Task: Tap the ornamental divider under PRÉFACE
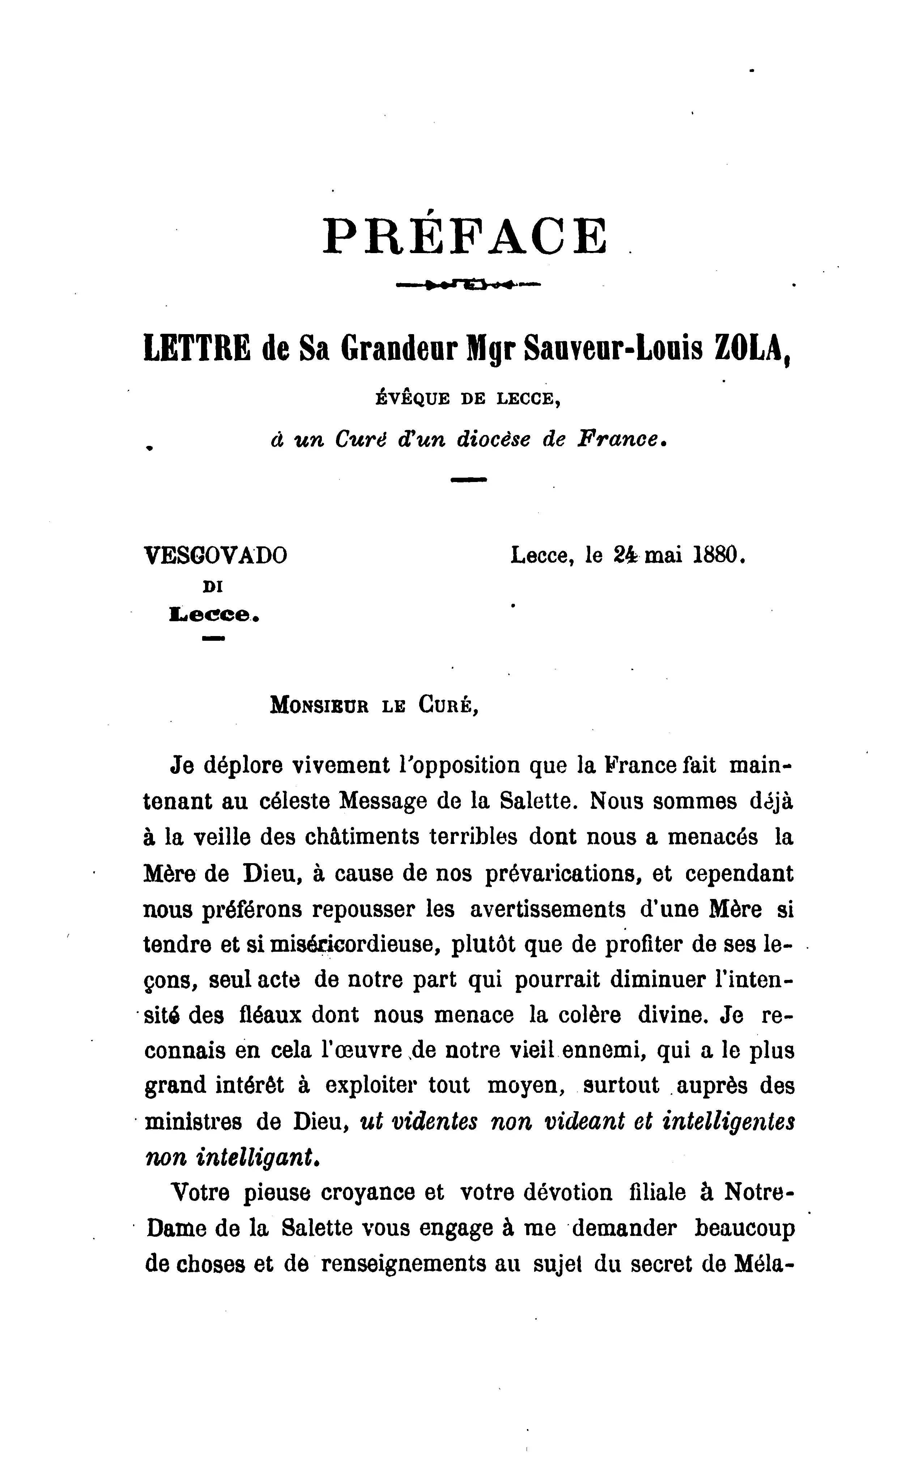[468, 284]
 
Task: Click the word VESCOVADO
[216, 555]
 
